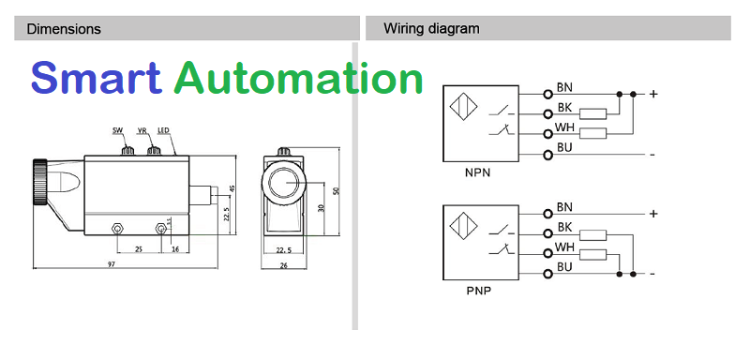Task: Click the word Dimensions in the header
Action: coord(64,29)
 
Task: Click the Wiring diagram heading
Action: coord(431,29)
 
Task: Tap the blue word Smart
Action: coord(97,77)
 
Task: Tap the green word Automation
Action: coord(298,77)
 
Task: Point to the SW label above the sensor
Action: coord(118,130)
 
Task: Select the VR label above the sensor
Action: coord(142,130)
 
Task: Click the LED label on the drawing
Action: coord(163,130)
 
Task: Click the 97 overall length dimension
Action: coord(112,263)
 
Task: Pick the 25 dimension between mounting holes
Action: coord(139,249)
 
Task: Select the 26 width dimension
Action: coord(284,266)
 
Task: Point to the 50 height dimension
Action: coord(336,190)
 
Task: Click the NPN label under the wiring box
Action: coord(477,173)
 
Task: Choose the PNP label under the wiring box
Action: coord(478,291)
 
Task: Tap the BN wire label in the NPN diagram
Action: coord(564,87)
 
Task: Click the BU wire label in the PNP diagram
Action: coord(564,267)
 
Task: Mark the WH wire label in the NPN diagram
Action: coord(564,127)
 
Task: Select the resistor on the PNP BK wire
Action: coord(593,234)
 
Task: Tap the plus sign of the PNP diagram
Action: coord(653,213)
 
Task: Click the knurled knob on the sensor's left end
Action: coord(38,182)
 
